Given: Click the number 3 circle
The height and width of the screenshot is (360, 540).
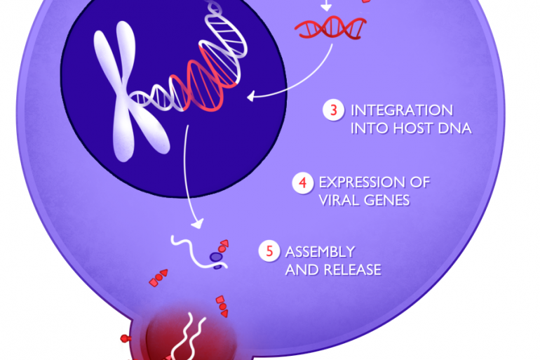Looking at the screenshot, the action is click(x=333, y=110).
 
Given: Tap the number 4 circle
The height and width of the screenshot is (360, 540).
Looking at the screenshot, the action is click(x=303, y=182).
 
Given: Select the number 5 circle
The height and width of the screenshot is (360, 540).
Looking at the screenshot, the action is click(x=269, y=251).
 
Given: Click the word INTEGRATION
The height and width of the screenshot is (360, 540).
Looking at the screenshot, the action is click(x=402, y=111).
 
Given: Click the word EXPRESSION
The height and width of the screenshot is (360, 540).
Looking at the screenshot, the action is click(x=358, y=182).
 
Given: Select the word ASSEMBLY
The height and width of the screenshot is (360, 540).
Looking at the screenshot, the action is click(x=320, y=252).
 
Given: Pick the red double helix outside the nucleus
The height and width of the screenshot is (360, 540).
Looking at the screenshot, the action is click(x=330, y=27).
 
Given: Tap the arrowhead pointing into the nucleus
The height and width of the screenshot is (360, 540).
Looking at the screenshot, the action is click(x=251, y=96).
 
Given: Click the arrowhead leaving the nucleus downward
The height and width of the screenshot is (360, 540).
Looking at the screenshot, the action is click(x=197, y=224).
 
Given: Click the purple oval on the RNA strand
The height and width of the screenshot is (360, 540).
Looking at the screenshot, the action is click(x=215, y=257).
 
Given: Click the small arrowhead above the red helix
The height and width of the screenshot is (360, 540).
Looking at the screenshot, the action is click(x=326, y=6).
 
